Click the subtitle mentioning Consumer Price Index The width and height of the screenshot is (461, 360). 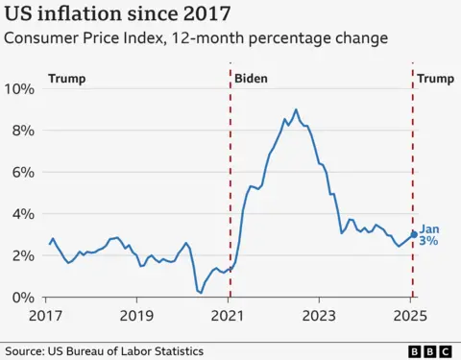coord(197,39)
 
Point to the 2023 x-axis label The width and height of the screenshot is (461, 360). coord(321,316)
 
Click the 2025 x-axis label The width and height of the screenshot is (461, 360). coord(412,316)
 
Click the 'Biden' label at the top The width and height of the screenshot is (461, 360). coord(252,76)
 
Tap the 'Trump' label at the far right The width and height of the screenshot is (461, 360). coord(438,76)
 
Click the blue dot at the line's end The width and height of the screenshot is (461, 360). coord(414,233)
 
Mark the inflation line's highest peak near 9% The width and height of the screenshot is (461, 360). coord(296,109)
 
